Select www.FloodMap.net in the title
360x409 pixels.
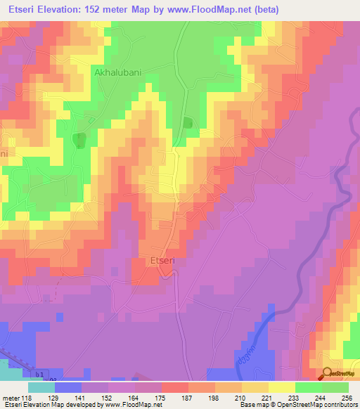point(214,10)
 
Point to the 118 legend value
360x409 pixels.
point(27,398)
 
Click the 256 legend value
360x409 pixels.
point(347,398)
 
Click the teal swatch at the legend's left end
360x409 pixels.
point(41,387)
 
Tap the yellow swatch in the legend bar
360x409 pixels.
point(281,387)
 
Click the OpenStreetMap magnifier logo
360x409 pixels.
point(327,374)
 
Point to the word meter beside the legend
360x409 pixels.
point(11,398)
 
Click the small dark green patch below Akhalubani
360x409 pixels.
point(80,140)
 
